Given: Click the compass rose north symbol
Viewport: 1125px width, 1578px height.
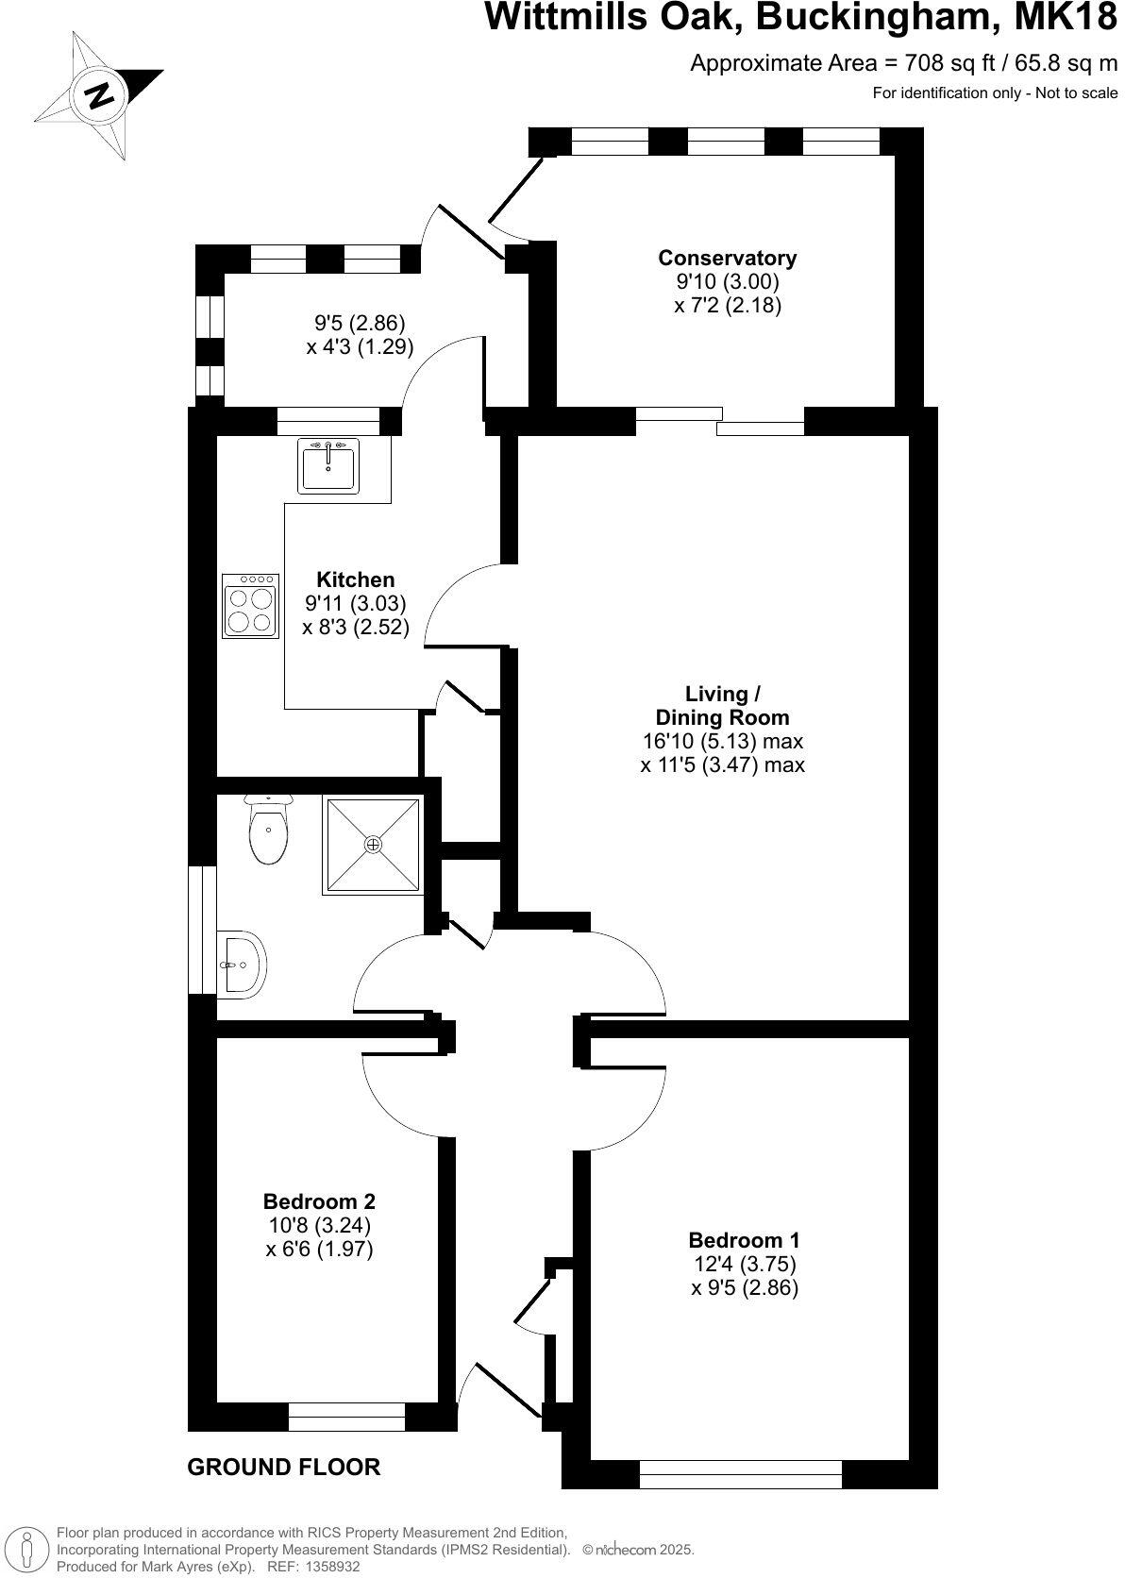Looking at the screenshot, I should [x=98, y=95].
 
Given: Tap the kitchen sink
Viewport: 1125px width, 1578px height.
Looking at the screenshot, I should [x=327, y=465].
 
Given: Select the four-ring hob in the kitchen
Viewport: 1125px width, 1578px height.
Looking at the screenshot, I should [x=251, y=605].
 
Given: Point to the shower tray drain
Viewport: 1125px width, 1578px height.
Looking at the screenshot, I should [x=373, y=844].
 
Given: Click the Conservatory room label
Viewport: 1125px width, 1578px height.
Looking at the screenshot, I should [x=727, y=258].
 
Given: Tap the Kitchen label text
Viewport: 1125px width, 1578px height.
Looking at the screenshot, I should [x=355, y=579].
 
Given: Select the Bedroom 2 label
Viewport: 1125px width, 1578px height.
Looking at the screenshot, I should [x=319, y=1201].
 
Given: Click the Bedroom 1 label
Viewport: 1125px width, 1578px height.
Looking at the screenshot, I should [x=744, y=1240].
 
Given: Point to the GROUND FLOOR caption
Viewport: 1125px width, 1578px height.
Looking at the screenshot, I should [x=283, y=1467].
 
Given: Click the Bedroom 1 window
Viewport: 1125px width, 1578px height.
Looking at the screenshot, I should [x=740, y=1473].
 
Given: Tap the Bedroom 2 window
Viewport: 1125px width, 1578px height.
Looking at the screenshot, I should [x=346, y=1417].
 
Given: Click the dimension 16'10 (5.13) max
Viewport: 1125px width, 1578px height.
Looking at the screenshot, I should [x=722, y=741].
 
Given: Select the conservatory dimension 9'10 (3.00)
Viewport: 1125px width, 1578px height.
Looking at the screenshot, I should [x=727, y=281].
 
